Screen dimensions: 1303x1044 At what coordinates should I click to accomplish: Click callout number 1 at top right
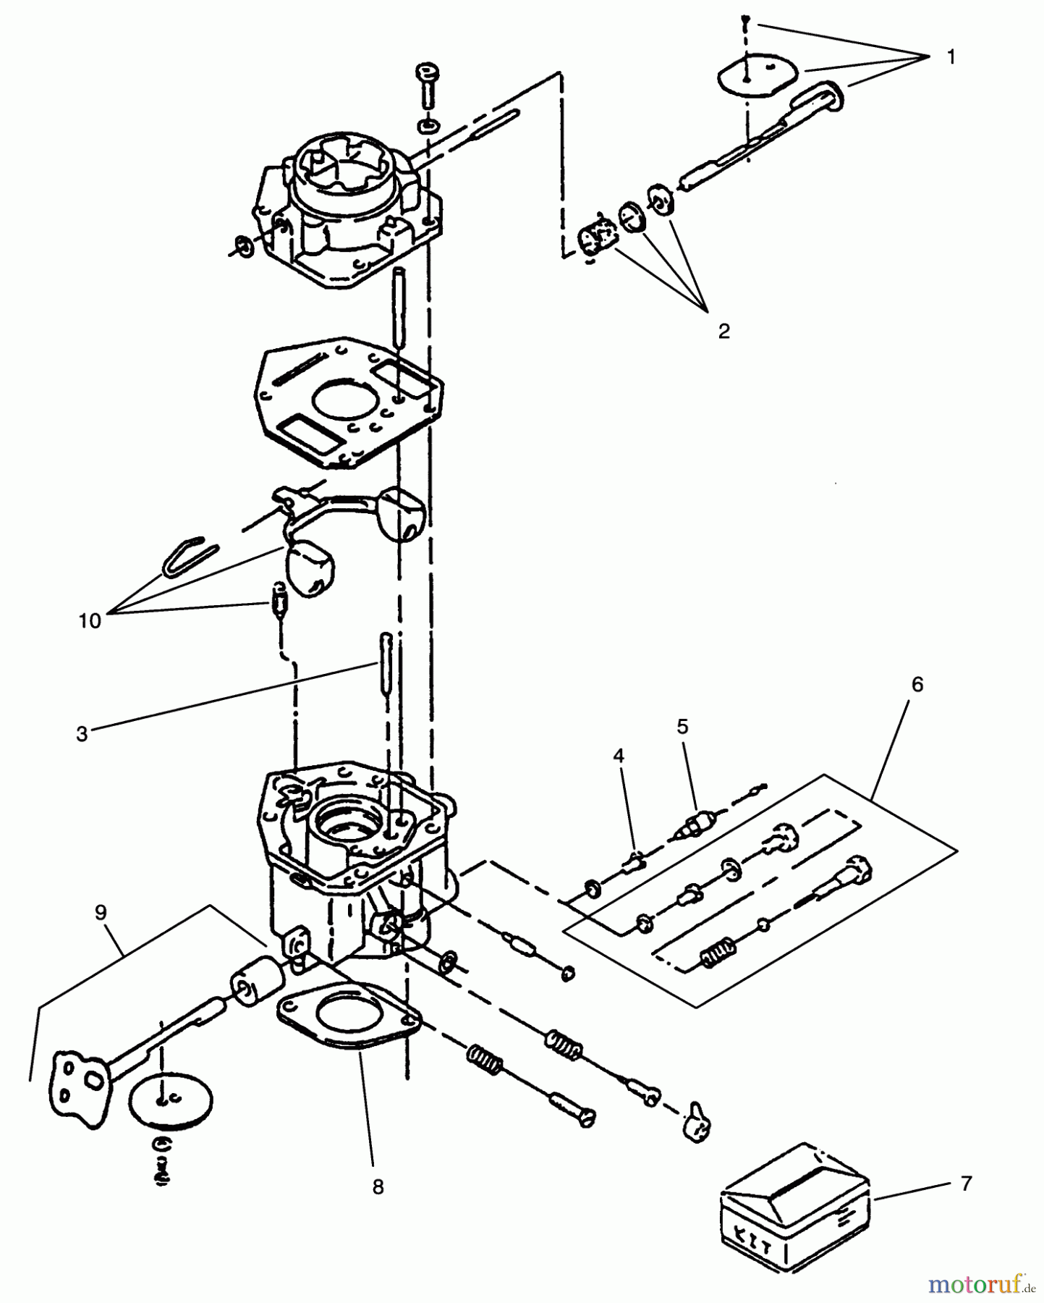[x=951, y=57]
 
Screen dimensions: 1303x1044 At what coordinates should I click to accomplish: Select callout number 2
[x=723, y=332]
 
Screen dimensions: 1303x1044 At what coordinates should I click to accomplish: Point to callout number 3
[x=82, y=733]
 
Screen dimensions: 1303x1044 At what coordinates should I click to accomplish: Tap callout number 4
[x=618, y=756]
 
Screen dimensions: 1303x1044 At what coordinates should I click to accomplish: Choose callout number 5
[x=682, y=726]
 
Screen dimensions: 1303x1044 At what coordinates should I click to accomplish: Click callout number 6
[x=917, y=684]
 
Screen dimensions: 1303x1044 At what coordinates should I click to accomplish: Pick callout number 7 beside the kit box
[x=967, y=1184]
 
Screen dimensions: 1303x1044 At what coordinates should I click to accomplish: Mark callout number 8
[x=378, y=1187]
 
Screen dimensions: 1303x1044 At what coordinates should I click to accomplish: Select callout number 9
[x=101, y=913]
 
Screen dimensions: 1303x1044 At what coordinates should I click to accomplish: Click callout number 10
[x=90, y=621]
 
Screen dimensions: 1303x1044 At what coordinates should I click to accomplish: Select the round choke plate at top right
[x=757, y=72]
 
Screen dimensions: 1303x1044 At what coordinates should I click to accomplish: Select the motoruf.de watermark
[x=981, y=1284]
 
